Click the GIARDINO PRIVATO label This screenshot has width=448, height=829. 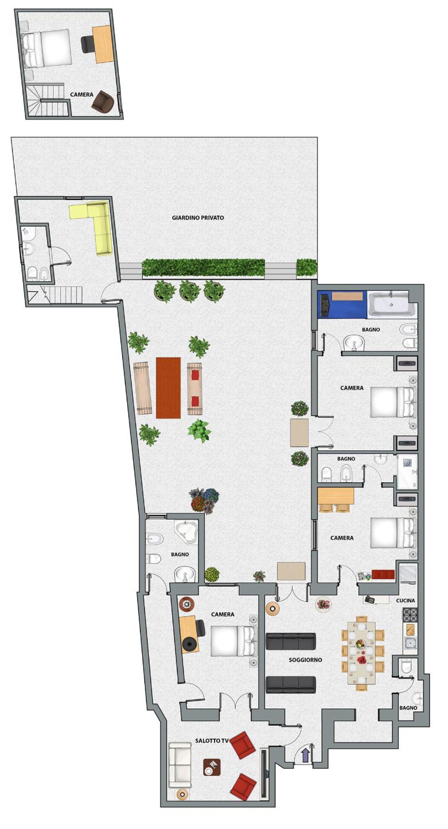[198, 218]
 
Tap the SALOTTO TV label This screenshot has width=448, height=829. [211, 741]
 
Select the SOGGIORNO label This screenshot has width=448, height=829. [305, 660]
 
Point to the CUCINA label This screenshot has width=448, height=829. [406, 600]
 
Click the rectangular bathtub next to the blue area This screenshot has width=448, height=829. [392, 305]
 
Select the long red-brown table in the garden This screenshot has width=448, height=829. [168, 388]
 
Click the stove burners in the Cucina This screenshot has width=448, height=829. [410, 615]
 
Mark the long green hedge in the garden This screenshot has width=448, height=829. [203, 268]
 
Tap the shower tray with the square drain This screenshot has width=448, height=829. [407, 471]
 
